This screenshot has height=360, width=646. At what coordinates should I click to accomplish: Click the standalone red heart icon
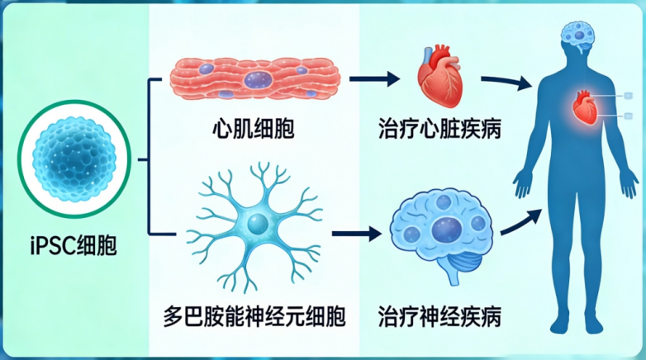click(439, 79)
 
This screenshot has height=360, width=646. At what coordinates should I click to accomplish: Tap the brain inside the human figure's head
click(582, 34)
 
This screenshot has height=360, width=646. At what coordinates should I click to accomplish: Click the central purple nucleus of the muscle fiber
click(259, 79)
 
